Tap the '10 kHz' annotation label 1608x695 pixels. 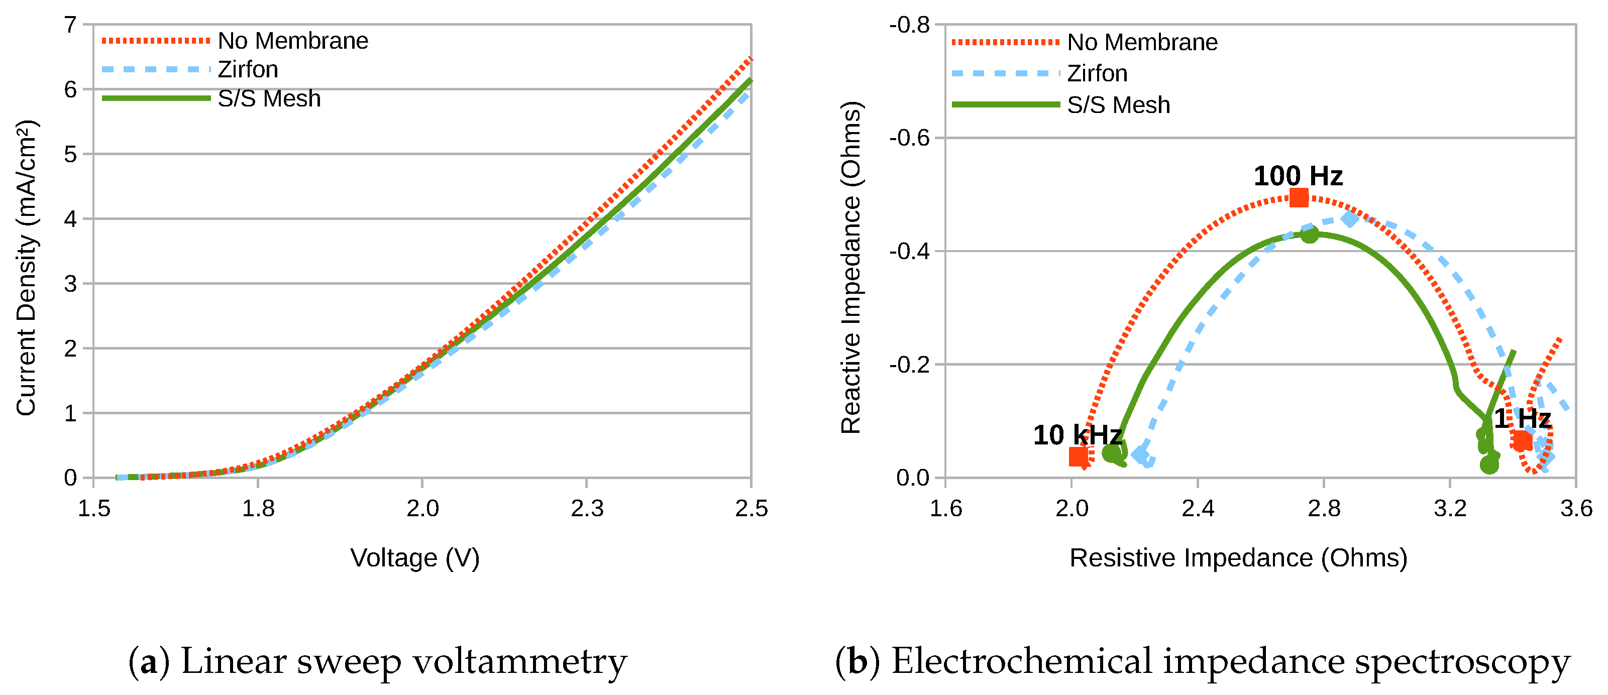(1078, 435)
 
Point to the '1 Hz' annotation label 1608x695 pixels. (1523, 419)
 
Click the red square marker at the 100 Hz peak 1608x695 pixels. (1299, 198)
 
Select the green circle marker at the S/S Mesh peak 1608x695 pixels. (1310, 235)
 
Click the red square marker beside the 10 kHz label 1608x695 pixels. (1078, 456)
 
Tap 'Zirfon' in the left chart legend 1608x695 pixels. (248, 69)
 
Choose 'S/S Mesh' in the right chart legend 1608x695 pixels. (1118, 105)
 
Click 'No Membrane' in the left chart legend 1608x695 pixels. (293, 41)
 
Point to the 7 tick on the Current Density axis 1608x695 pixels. (70, 25)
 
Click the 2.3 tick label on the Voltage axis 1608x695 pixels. (587, 509)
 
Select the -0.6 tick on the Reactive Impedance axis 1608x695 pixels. (910, 138)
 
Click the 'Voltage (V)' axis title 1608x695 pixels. (414, 558)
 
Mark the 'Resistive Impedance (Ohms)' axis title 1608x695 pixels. (1238, 558)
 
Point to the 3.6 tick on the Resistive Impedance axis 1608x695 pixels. (1575, 509)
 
